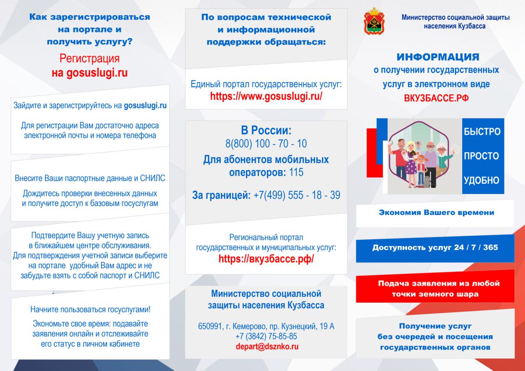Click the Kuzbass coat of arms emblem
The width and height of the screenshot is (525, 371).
click(374, 21)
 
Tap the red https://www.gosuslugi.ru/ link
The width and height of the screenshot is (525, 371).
click(266, 96)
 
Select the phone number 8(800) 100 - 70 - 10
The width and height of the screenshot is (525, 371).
click(266, 143)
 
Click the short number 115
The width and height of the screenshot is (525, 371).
click(296, 172)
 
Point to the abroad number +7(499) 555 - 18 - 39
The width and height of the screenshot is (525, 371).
click(297, 195)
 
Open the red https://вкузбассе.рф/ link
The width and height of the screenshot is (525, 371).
click(266, 259)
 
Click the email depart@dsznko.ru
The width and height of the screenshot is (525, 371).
click(267, 346)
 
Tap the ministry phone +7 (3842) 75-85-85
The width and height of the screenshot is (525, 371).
click(266, 336)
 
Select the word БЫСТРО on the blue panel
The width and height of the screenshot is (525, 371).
click(482, 132)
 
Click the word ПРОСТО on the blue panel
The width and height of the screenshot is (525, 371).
click(481, 156)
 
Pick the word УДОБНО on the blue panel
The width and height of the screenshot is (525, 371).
click(481, 180)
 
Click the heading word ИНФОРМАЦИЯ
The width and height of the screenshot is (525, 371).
click(438, 57)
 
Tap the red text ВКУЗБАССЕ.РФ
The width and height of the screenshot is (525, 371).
click(437, 98)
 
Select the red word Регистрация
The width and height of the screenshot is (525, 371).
click(90, 58)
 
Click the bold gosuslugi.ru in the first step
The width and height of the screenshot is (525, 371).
click(145, 105)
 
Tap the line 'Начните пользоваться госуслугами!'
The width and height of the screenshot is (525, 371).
click(90, 310)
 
